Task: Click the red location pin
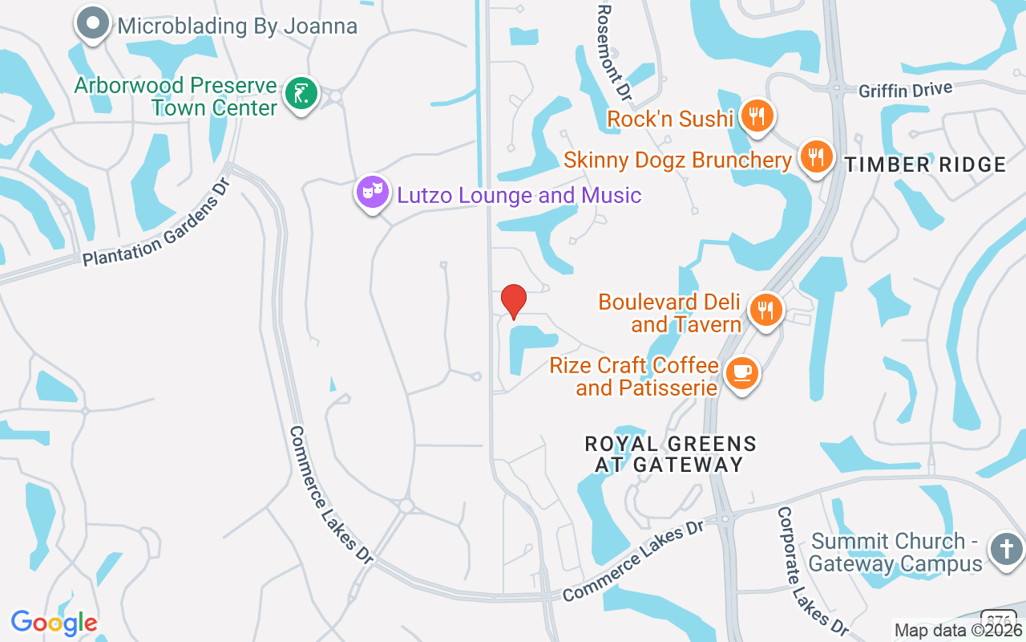pyautogui.click(x=513, y=301)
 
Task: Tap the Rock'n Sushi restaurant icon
pyautogui.click(x=756, y=116)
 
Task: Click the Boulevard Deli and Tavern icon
pyautogui.click(x=766, y=309)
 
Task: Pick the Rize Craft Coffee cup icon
pyautogui.click(x=741, y=373)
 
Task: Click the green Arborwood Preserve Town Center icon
pyautogui.click(x=301, y=94)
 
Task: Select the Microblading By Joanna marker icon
pyautogui.click(x=93, y=23)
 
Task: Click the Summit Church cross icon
pyautogui.click(x=1006, y=550)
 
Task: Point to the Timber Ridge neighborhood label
pyautogui.click(x=925, y=165)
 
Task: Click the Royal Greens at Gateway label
pyautogui.click(x=670, y=454)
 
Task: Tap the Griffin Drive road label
pyautogui.click(x=905, y=90)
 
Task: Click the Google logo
pyautogui.click(x=55, y=623)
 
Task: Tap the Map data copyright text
pyautogui.click(x=959, y=631)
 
